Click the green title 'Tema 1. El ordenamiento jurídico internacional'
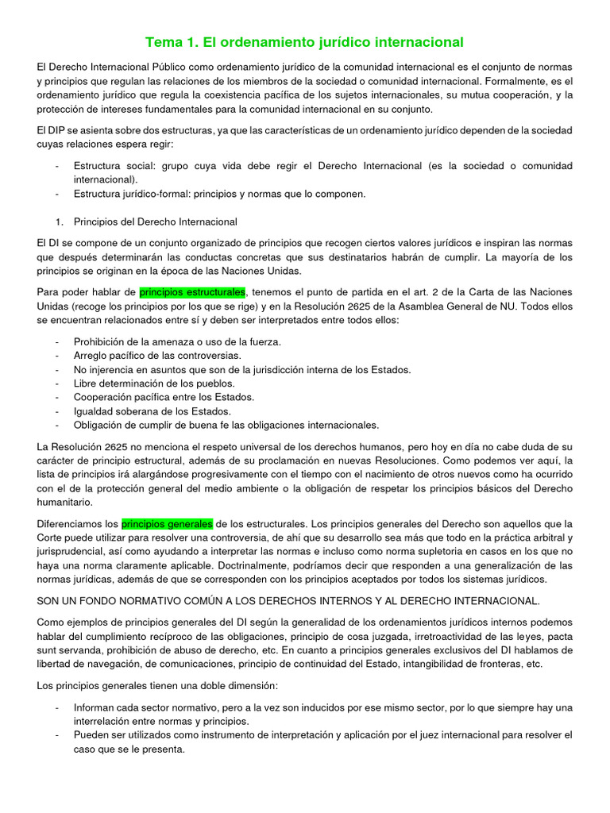pyautogui.click(x=304, y=41)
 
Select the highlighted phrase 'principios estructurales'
pyautogui.click(x=193, y=293)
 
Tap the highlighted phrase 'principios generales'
pyautogui.click(x=167, y=524)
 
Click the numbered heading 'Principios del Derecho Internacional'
pyautogui.click(x=155, y=222)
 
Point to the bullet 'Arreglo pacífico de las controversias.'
pyautogui.click(x=157, y=356)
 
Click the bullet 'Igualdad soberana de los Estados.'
pyautogui.click(x=152, y=411)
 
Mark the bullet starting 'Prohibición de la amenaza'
pyautogui.click(x=177, y=341)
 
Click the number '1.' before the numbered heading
pyautogui.click(x=57, y=222)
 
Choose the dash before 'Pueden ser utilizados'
pyautogui.click(x=57, y=735)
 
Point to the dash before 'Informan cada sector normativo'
pyautogui.click(x=57, y=707)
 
